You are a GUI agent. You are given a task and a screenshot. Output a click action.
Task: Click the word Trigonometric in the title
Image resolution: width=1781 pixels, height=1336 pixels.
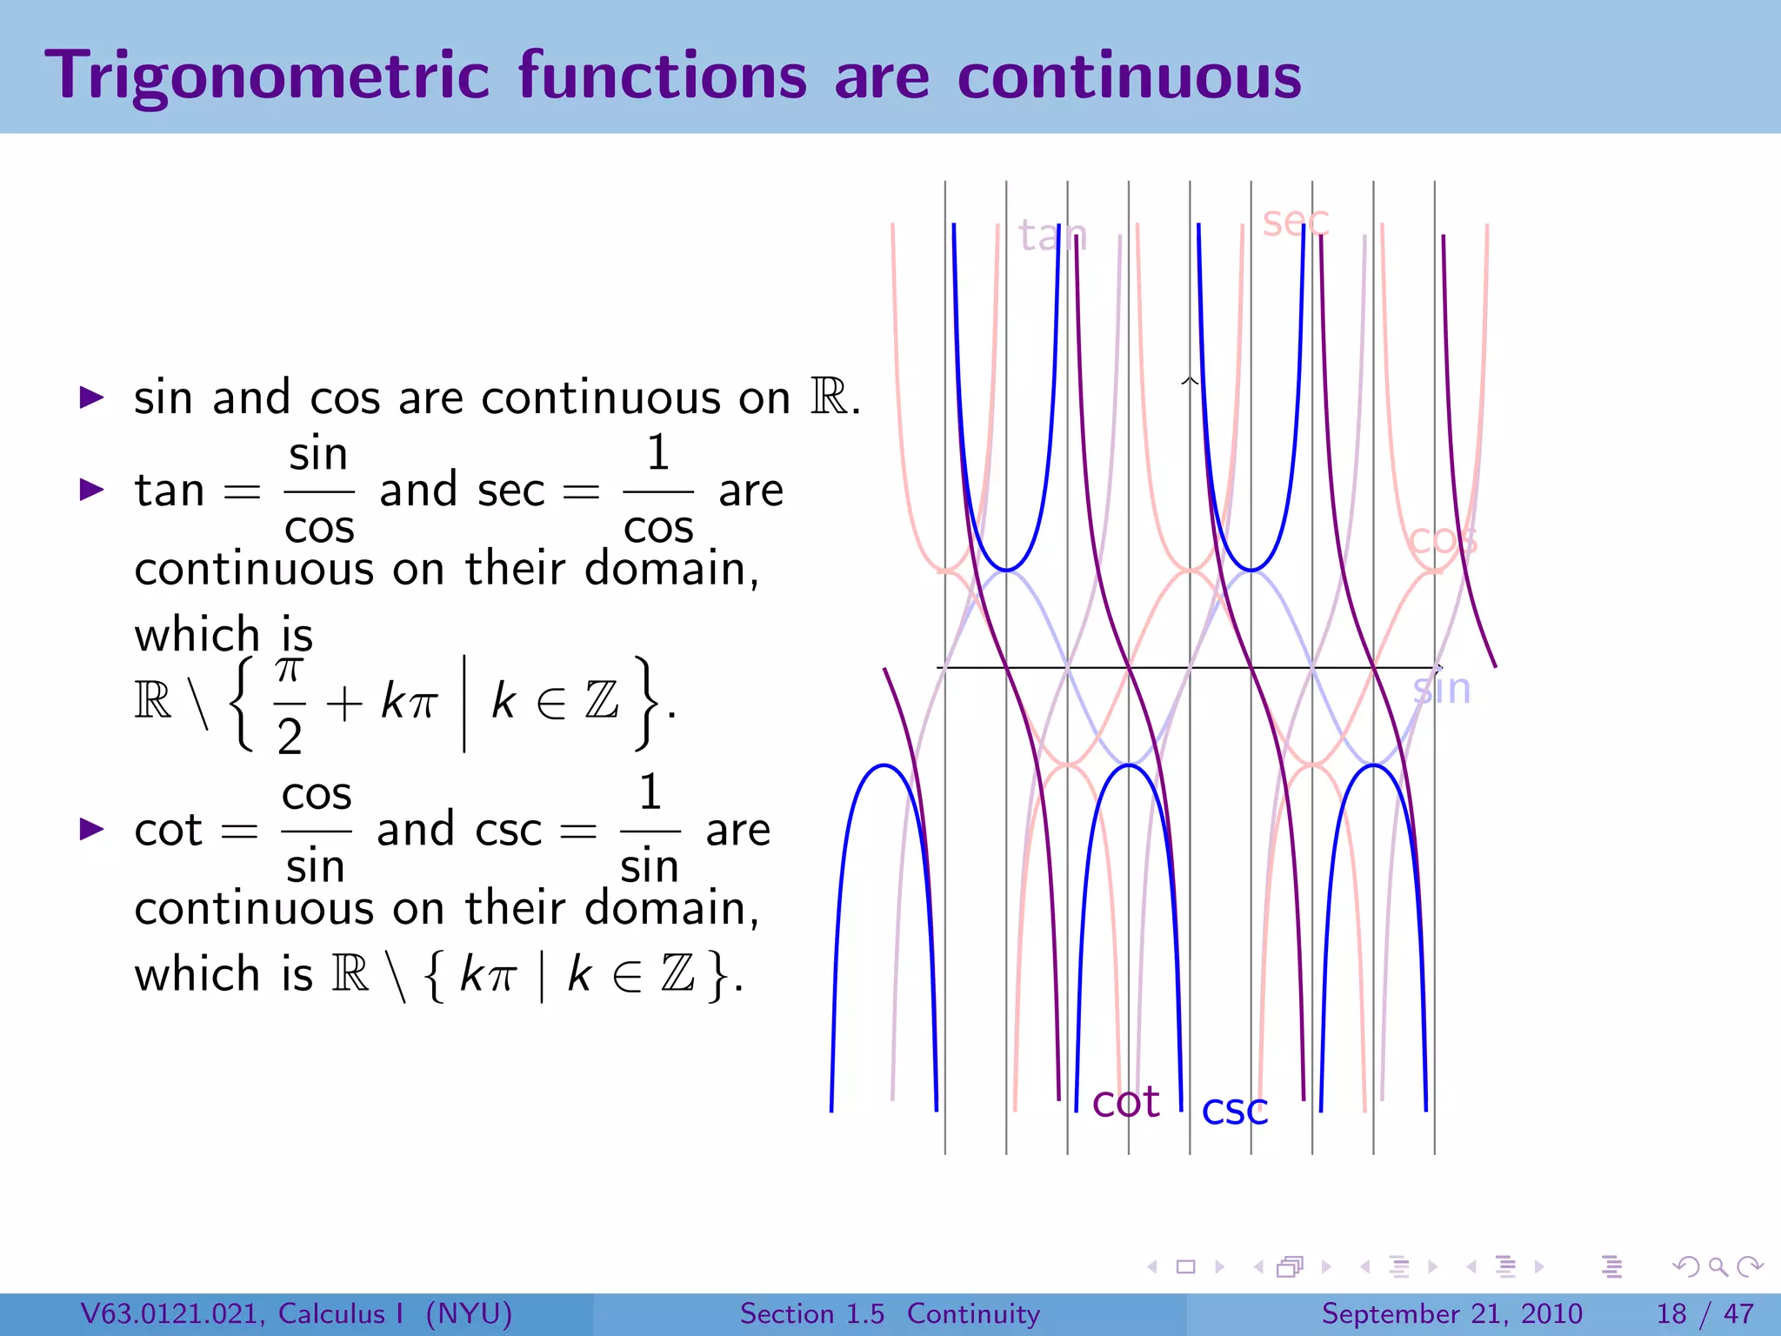267,77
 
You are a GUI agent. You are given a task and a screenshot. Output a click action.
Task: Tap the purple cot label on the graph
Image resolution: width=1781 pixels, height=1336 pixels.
1125,1102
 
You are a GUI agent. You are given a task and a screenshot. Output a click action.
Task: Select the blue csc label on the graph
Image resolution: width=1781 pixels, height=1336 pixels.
1234,1110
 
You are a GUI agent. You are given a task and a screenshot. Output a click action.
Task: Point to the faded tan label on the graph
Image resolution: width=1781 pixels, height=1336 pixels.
1052,235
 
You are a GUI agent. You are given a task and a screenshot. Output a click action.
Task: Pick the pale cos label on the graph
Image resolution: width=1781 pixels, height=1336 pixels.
1442,540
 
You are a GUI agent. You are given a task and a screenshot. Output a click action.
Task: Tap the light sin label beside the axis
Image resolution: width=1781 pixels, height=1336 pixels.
1441,689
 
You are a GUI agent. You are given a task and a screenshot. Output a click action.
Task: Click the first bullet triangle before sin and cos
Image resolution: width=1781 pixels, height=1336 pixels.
91,398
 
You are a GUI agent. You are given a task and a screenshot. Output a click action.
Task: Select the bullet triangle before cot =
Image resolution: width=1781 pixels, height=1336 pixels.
91,829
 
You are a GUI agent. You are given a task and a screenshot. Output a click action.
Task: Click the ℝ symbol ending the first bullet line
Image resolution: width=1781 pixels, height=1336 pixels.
829,397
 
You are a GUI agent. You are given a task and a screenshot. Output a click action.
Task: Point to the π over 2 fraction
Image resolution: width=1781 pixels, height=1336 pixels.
290,705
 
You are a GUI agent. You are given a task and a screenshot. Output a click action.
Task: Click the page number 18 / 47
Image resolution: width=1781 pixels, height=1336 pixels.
1704,1313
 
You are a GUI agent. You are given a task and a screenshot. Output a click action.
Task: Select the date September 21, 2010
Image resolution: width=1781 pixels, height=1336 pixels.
1451,1313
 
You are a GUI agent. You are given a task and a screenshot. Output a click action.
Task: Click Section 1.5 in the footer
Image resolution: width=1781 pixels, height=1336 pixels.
811,1313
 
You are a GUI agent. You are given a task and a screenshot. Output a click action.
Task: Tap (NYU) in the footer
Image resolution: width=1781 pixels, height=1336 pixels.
469,1313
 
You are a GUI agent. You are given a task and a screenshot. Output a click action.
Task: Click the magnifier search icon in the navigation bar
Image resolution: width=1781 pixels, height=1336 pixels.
1718,1266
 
